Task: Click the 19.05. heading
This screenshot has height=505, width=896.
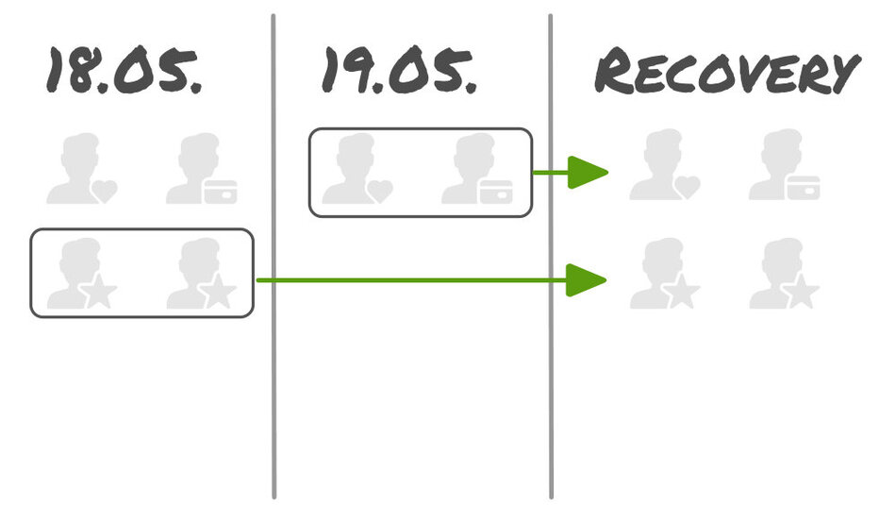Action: (399, 72)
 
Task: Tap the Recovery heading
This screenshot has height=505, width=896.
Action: (726, 72)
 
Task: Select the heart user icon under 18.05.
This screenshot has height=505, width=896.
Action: (80, 170)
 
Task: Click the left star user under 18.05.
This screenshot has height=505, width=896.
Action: (80, 275)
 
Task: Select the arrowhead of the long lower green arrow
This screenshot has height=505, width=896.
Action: (586, 280)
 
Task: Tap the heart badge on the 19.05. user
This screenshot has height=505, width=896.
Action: (379, 191)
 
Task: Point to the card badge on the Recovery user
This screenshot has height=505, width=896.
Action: (803, 186)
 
